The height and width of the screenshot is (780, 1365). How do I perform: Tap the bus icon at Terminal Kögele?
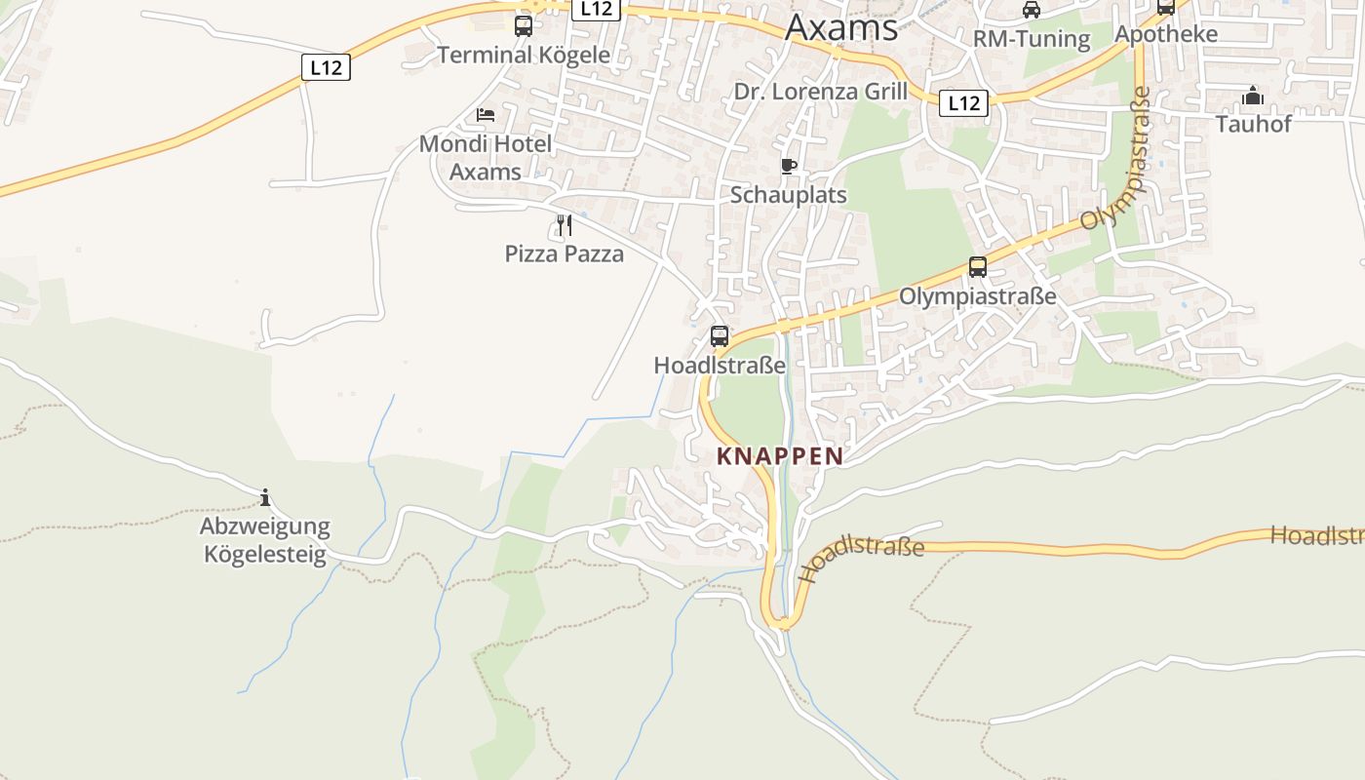point(524,26)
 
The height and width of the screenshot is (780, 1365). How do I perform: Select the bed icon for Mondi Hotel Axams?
point(486,115)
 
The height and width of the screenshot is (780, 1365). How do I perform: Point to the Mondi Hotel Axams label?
point(486,158)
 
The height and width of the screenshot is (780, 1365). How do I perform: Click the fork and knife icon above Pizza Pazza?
point(564,225)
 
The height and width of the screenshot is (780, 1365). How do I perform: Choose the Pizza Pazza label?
point(564,253)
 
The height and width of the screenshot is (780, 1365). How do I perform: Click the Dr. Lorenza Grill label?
point(820,92)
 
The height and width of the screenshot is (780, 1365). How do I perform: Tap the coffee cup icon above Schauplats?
point(789,167)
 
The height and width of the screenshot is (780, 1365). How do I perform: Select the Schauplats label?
point(789,195)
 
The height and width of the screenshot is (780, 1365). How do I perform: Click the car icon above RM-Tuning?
point(1031,11)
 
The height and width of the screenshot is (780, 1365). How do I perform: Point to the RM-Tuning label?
point(1031,39)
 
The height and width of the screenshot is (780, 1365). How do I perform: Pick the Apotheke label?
point(1166,34)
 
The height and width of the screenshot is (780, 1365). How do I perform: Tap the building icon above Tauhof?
point(1253,96)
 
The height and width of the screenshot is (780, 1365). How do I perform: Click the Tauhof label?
point(1253,124)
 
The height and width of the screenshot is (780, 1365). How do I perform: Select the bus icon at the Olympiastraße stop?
point(977,267)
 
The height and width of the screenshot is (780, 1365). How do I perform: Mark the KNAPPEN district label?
point(780,455)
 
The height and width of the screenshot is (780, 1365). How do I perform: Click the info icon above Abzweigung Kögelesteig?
point(265,498)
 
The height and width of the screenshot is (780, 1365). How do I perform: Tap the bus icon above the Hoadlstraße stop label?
point(720,336)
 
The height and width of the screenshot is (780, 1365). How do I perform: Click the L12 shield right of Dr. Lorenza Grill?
point(963,103)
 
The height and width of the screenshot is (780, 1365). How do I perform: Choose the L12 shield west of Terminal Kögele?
point(326,67)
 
